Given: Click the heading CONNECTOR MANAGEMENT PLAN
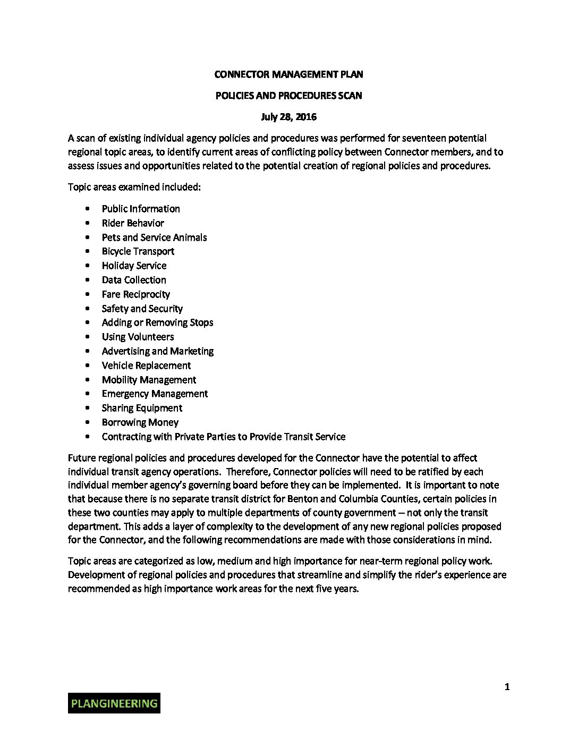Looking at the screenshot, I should (288, 74).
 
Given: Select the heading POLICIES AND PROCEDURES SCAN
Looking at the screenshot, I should (288, 96).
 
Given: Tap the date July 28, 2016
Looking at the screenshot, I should (288, 117).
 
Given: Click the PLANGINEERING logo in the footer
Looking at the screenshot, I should (114, 703).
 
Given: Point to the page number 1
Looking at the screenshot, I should (507, 687).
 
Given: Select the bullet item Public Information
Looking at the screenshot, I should (141, 209).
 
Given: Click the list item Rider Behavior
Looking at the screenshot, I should (133, 223).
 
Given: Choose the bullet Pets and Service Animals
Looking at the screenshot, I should (154, 237).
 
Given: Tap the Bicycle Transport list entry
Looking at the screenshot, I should (138, 251).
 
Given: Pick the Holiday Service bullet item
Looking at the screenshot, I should (134, 266).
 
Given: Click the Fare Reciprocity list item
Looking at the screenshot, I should (136, 294).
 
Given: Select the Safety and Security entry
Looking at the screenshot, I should (142, 309).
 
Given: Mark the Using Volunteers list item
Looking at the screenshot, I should (138, 337).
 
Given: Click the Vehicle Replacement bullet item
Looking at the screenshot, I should (146, 365).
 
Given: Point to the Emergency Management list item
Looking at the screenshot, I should (155, 394).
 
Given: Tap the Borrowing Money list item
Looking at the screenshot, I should (140, 422).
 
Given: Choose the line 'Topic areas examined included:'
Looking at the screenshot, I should (134, 187).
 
